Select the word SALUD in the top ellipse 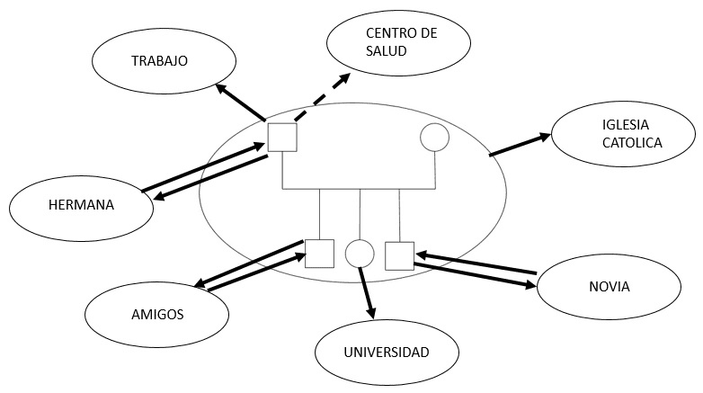tap(387, 51)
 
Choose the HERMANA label tap(81, 205)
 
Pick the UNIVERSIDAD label tap(387, 351)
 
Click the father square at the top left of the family tap(282, 138)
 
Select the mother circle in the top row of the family tap(435, 137)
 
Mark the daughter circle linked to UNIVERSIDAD tap(359, 254)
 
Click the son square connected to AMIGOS tap(319, 254)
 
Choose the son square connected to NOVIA tap(399, 255)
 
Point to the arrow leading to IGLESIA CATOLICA tap(519, 145)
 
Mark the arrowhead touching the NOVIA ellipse tap(528, 286)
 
